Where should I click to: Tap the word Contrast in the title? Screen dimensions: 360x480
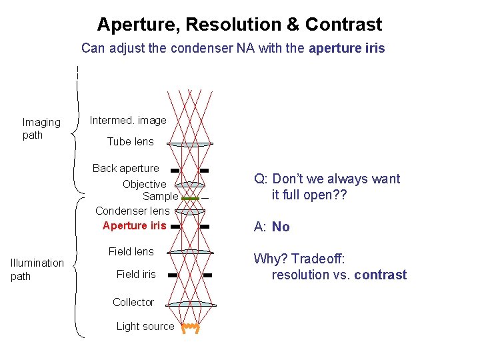(343, 25)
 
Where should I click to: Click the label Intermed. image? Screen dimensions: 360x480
(128, 120)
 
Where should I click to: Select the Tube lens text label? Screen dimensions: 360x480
(130, 141)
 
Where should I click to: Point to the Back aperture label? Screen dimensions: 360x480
(125, 168)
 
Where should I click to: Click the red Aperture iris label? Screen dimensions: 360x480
(134, 225)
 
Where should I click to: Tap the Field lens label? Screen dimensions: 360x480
(131, 251)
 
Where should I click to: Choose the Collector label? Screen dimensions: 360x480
(133, 302)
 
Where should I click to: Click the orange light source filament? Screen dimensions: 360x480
(191, 327)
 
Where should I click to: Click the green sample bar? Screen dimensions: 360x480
(191, 199)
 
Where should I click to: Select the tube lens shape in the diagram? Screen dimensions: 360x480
(190, 143)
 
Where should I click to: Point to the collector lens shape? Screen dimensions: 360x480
(190, 304)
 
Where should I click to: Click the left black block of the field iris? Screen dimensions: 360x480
(172, 275)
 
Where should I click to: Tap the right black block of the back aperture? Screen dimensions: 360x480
(204, 170)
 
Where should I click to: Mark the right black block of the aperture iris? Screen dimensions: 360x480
(205, 227)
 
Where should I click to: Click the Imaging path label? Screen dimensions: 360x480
(41, 129)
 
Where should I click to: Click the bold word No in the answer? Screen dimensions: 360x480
(281, 227)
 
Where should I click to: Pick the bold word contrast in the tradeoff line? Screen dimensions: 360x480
(380, 275)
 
